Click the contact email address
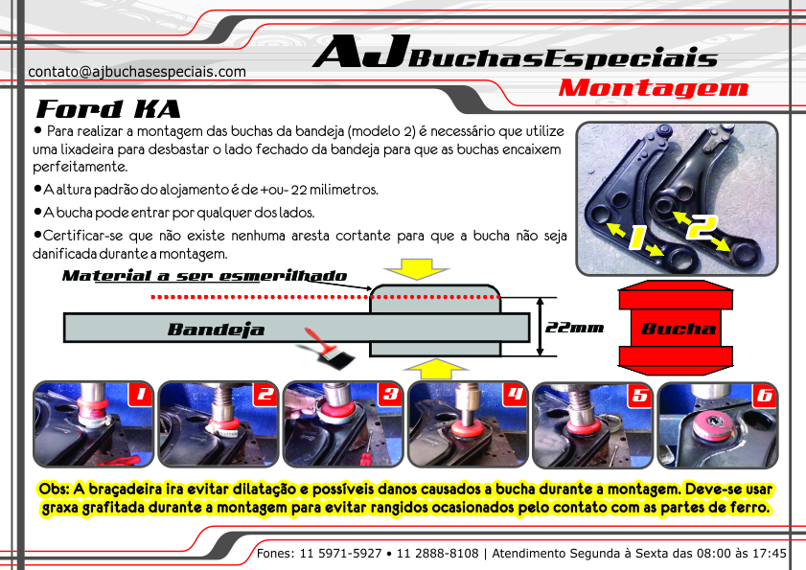click(137, 72)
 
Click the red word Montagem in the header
click(654, 88)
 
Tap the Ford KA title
click(108, 109)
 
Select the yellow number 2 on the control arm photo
click(702, 227)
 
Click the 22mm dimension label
click(574, 328)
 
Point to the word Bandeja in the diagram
click(216, 329)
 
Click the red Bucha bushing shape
click(676, 328)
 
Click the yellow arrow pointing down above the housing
click(416, 269)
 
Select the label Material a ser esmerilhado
click(204, 276)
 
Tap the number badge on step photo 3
click(391, 395)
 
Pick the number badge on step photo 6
click(765, 395)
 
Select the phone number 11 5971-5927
click(340, 554)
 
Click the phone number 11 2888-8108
click(437, 554)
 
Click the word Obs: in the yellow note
click(54, 489)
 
